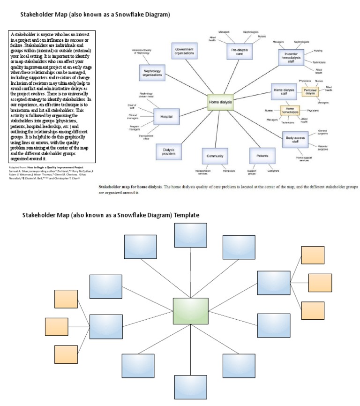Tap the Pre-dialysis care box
click(x=240, y=51)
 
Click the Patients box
click(x=259, y=156)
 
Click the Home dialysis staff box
click(x=284, y=91)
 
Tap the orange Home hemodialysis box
click(x=290, y=111)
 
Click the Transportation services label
click(x=202, y=173)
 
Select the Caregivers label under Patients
click(x=273, y=171)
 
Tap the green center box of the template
click(x=190, y=311)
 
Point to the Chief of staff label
click(x=131, y=106)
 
